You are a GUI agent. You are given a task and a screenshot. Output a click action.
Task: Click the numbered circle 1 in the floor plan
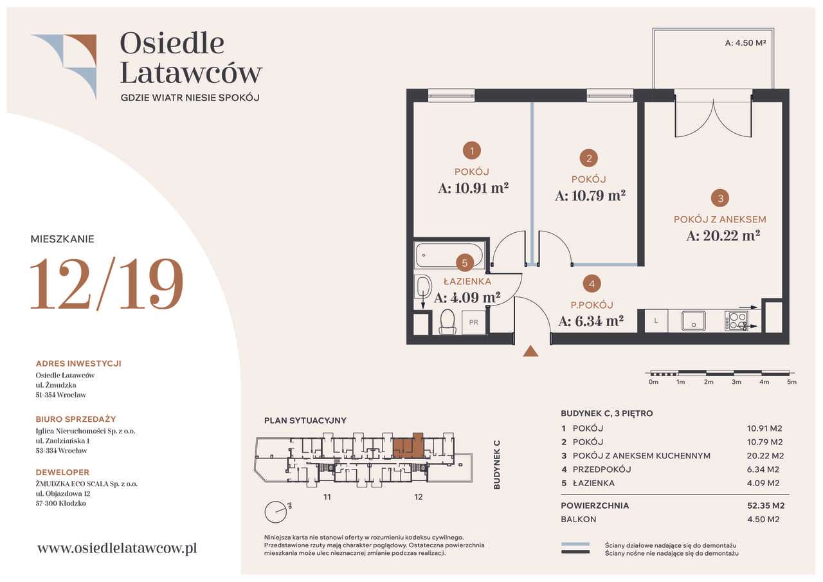click(472, 150)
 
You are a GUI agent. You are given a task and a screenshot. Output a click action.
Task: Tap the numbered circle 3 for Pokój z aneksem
click(720, 199)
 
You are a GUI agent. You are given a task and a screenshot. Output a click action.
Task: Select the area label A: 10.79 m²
click(590, 196)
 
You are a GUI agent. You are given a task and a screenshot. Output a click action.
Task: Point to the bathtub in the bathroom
click(449, 255)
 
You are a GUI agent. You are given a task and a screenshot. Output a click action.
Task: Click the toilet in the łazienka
click(448, 322)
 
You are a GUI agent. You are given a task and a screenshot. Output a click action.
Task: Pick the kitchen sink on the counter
click(694, 321)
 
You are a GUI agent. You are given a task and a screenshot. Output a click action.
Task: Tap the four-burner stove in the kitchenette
click(736, 321)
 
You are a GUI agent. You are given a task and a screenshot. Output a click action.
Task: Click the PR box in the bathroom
click(474, 322)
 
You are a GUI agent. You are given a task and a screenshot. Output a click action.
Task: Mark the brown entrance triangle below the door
click(530, 351)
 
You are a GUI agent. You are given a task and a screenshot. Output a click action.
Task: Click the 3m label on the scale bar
click(736, 382)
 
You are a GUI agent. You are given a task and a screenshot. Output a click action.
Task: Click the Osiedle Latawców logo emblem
click(64, 67)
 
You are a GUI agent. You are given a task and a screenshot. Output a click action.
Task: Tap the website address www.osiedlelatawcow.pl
click(117, 548)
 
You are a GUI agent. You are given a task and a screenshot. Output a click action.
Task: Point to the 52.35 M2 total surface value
click(766, 505)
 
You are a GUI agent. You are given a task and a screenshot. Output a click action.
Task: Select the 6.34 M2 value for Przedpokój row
click(763, 469)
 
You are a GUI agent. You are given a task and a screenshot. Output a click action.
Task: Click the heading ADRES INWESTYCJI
click(78, 363)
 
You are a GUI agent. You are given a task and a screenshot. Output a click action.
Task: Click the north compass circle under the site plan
click(276, 512)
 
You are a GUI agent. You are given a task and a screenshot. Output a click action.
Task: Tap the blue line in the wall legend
click(575, 545)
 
